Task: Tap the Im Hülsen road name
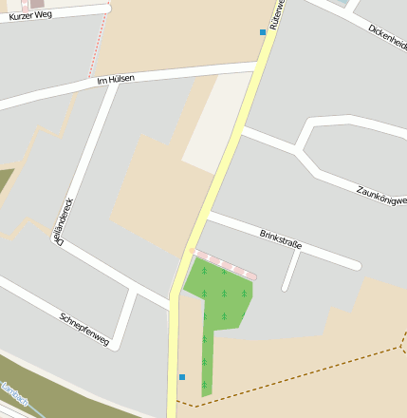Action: pos(116,80)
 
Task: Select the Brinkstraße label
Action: pos(280,238)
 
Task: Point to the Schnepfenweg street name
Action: pos(84,329)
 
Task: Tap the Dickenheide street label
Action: pos(387,37)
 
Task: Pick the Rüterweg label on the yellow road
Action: pos(277,13)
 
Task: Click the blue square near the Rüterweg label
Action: pos(263,32)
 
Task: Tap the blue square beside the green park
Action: pos(182,377)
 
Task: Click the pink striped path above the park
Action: pos(224,263)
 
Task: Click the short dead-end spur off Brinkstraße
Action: pos(290,274)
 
